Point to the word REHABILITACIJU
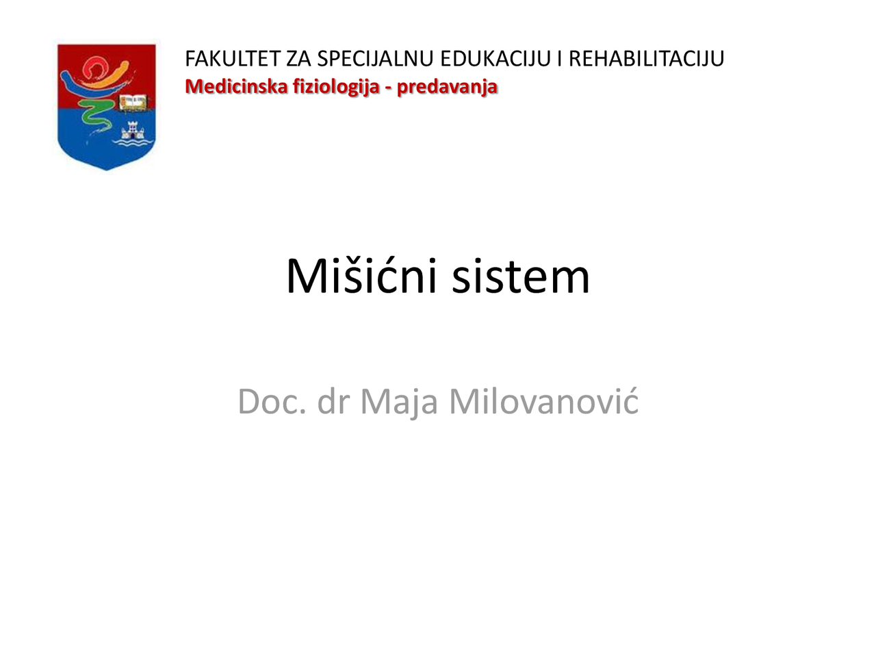point(646,59)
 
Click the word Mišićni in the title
point(361,276)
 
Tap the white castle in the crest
point(132,129)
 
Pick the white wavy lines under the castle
point(133,143)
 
